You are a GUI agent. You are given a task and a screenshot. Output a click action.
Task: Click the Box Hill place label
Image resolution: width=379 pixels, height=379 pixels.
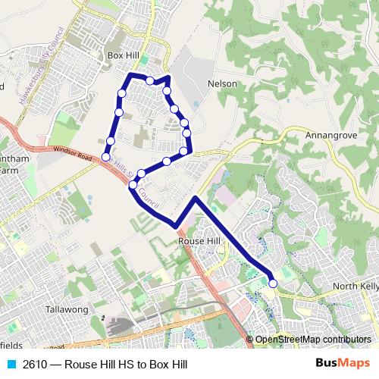(125, 56)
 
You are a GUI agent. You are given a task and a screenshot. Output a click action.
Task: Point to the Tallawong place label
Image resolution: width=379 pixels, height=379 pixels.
(67, 309)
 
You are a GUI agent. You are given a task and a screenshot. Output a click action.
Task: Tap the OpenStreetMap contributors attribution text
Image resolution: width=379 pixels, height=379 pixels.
(313, 339)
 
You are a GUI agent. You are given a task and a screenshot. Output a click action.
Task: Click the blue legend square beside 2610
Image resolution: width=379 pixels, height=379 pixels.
(11, 364)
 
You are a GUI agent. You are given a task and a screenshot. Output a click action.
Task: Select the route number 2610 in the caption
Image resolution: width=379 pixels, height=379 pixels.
(36, 364)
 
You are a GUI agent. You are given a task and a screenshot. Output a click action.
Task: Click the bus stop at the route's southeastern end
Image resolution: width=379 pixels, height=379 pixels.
(273, 284)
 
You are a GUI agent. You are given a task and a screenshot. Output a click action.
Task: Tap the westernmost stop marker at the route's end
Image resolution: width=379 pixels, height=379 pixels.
(105, 156)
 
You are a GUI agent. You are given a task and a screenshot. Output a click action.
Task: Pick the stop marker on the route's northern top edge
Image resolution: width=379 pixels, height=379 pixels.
(150, 80)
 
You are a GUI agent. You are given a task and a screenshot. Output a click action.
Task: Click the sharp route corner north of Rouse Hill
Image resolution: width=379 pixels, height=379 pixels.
(196, 198)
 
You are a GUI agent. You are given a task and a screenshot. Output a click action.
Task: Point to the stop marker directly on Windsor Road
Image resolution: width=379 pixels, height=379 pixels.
(133, 184)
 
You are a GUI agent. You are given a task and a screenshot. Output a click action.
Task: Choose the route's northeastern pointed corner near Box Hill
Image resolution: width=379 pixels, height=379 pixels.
(168, 77)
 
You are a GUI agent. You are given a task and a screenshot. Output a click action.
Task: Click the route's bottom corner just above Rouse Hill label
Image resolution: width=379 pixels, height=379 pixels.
(177, 226)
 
